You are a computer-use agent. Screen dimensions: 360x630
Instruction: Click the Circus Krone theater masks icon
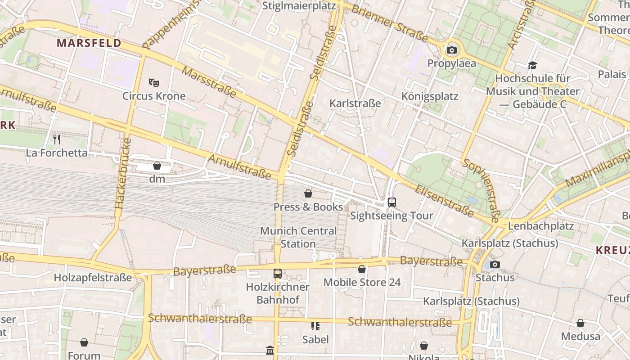[x=154, y=83]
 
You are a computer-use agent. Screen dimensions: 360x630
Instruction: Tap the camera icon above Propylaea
[x=451, y=50]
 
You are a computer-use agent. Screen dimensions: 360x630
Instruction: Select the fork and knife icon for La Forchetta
[x=57, y=139]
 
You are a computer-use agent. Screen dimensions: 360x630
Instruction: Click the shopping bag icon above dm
[x=157, y=166]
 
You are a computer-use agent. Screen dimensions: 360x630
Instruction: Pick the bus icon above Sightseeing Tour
[x=391, y=202]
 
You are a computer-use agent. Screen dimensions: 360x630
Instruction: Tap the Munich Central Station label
[x=298, y=237]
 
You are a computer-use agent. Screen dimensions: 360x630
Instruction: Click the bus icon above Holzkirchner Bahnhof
[x=278, y=273]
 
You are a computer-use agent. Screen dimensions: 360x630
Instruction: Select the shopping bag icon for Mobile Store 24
[x=362, y=269]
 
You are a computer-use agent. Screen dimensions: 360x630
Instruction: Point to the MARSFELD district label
[x=89, y=43]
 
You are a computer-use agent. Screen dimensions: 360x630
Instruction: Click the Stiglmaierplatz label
[x=299, y=6]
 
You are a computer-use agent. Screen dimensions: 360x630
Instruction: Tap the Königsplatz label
[x=430, y=96]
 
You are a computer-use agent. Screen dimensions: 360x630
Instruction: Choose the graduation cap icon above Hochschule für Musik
[x=533, y=66]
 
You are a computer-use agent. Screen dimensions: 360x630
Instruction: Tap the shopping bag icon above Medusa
[x=580, y=323]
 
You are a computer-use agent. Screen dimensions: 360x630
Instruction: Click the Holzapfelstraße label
[x=93, y=278]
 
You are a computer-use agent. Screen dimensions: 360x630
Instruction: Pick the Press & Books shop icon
[x=308, y=193]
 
